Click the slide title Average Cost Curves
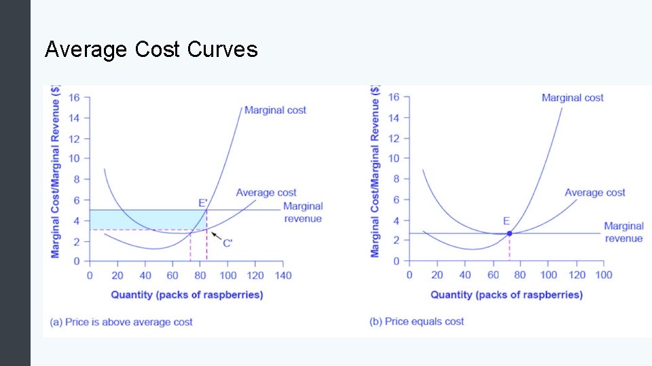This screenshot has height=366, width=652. tap(151, 49)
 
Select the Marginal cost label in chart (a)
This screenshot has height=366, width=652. tap(275, 110)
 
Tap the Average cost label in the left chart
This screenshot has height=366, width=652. tap(266, 192)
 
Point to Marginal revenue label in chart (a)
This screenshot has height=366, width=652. tap(303, 212)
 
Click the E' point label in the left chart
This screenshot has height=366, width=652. tap(203, 202)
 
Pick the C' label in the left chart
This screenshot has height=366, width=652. tap(228, 243)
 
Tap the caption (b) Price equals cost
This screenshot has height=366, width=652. tap(416, 321)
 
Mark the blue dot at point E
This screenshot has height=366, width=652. tap(509, 233)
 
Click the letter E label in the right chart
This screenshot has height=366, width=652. tap(506, 221)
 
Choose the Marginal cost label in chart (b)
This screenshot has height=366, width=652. tap(573, 98)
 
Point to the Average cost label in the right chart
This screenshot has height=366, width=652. tap(595, 192)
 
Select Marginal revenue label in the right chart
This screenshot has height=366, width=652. tap(623, 232)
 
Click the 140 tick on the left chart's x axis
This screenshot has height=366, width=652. tap(283, 275)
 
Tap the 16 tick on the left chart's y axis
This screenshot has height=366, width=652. tap(74, 98)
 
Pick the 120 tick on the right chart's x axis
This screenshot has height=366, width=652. tap(577, 275)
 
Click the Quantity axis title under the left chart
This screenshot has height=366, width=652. tap(187, 295)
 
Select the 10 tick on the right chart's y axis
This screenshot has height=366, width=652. tap(393, 159)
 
